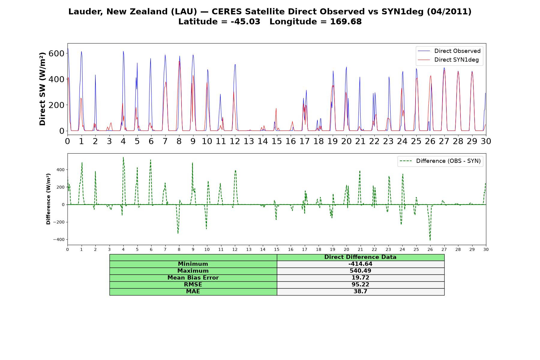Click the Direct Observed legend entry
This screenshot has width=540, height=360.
coord(449,51)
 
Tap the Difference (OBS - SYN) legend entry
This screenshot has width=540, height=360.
coord(440,161)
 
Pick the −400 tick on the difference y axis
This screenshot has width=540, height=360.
coord(59,239)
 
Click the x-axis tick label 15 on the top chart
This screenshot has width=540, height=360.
coord(277,141)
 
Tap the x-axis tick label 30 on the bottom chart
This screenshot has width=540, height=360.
coord(486,249)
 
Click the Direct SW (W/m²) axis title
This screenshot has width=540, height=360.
coord(42,89)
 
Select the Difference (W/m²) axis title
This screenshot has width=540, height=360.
coord(48,199)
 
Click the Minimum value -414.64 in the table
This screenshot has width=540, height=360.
coord(360,264)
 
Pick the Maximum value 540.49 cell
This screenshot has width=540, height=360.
coord(360,271)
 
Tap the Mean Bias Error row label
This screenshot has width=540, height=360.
coord(193,278)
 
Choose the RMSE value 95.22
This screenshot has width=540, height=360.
coord(360,285)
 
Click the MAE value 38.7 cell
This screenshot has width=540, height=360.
coord(360,292)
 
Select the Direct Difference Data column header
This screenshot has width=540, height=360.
coord(360,257)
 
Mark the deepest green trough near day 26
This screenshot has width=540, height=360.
coord(430,240)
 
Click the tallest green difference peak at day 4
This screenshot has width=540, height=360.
coord(123,157)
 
